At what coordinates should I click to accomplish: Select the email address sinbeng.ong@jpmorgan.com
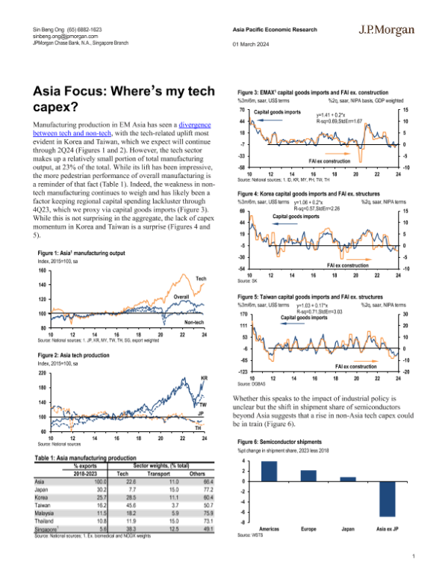[x=66, y=35]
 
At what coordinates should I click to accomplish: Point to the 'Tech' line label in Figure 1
[x=200, y=278]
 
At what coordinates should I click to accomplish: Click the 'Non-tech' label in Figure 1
[x=193, y=322]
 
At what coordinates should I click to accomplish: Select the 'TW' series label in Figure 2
[x=203, y=404]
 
